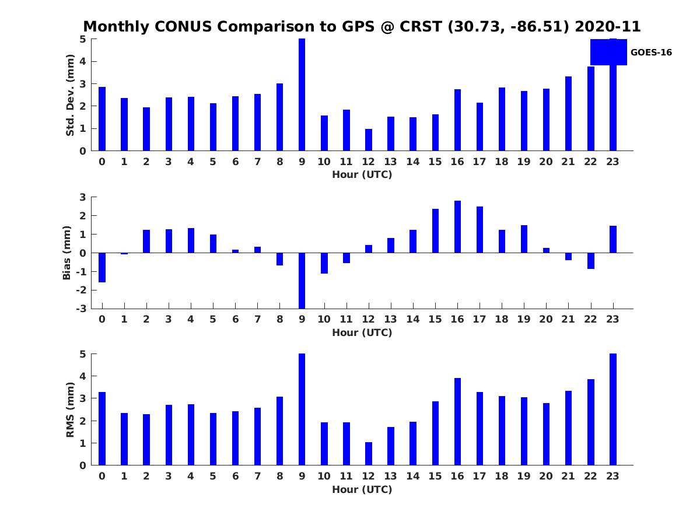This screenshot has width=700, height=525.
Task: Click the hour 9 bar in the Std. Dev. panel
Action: pos(302,94)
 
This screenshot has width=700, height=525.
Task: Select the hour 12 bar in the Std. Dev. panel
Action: pos(368,140)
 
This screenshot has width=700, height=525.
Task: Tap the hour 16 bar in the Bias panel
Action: pos(457,227)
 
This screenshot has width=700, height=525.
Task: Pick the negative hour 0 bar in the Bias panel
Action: pos(102,267)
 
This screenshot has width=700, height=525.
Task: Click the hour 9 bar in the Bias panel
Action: pos(302,281)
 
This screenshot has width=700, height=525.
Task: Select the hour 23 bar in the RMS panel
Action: pos(613,409)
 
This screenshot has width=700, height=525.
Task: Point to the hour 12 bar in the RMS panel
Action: pos(368,454)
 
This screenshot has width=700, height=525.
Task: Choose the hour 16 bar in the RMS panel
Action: pos(457,422)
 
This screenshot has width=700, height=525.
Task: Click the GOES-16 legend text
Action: pos(651,52)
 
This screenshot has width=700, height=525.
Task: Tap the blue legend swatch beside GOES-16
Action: pos(608,52)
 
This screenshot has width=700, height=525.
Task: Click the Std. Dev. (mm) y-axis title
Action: pos(70,95)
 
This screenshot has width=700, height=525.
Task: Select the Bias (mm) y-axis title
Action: pos(66,253)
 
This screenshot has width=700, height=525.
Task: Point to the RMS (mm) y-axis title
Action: pos(70,409)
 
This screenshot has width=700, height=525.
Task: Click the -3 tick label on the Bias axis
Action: pos(81,309)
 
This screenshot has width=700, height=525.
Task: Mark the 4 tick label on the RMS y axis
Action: pos(83,376)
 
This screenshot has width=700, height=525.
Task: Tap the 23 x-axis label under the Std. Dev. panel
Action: pos(612,162)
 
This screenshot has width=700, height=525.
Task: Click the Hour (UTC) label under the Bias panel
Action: pos(362,332)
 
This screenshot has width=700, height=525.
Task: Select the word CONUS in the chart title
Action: pos(183,26)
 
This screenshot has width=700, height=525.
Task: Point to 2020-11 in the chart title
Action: pos(607,26)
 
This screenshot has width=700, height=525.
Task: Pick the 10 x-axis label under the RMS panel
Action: pos(324,476)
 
